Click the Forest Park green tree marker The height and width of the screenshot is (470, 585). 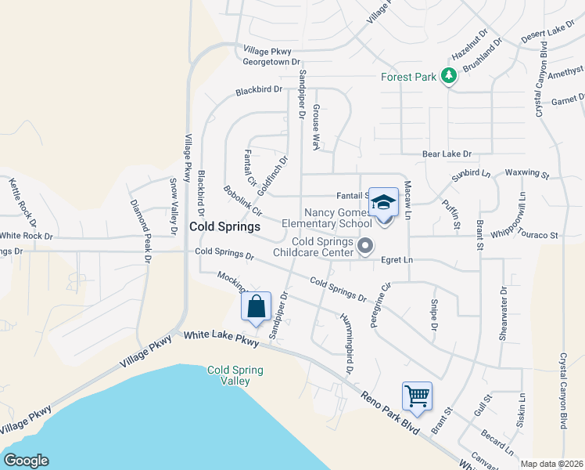click(449, 76)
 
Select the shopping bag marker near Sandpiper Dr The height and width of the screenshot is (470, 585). click(257, 307)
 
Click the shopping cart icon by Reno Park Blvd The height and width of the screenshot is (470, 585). click(417, 396)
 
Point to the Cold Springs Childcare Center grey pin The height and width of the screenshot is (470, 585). click(364, 248)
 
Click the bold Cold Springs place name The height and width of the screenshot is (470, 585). click(224, 226)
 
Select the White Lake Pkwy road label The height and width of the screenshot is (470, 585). click(221, 338)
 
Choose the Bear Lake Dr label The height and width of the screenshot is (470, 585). click(447, 154)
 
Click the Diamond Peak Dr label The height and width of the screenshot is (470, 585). click(142, 228)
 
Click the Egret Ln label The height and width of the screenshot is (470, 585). click(397, 259)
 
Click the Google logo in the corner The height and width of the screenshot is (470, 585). click(26, 461)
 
